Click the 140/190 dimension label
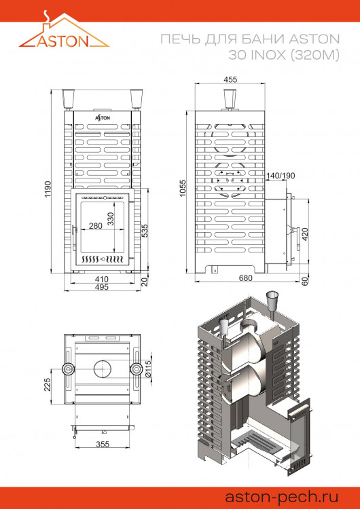pyautogui.click(x=281, y=176)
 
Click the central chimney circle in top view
pyautogui.click(x=103, y=369)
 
